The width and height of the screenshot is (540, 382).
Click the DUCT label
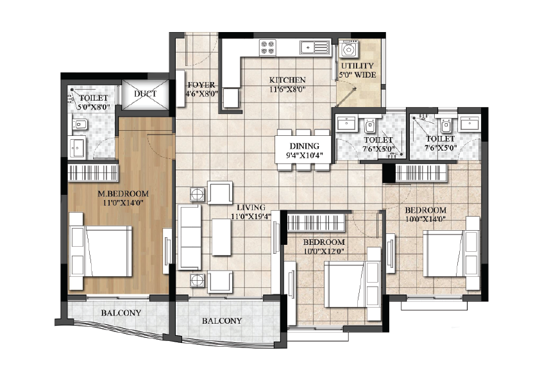(146, 94)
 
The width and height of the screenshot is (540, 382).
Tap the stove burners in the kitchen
(268, 47)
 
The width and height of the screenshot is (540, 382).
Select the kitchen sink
(314, 47)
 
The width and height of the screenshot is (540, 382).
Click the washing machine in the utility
(349, 49)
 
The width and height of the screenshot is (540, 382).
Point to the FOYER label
(201, 85)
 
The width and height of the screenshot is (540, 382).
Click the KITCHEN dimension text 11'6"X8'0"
(287, 90)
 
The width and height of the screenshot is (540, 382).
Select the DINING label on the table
(305, 146)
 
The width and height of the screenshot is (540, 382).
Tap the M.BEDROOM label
(124, 194)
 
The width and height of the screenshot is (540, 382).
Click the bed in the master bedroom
(101, 251)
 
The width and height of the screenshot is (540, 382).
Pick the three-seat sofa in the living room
(189, 237)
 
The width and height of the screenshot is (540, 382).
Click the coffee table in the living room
(221, 237)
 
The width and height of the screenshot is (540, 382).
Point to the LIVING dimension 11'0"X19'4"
(251, 216)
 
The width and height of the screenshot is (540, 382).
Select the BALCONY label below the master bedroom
(121, 313)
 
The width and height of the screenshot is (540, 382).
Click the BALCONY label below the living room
(222, 320)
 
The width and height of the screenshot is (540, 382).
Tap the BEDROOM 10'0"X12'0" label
(324, 246)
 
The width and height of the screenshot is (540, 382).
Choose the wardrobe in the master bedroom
(93, 173)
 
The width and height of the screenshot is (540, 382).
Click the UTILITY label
(357, 66)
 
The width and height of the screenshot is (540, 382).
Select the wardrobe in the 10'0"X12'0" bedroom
(316, 222)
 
